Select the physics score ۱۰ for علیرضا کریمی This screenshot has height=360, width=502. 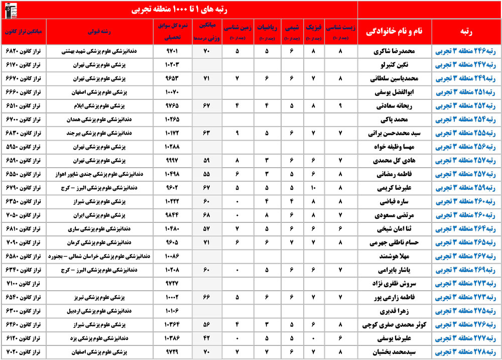313,188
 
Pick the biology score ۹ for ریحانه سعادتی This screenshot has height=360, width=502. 341,106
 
